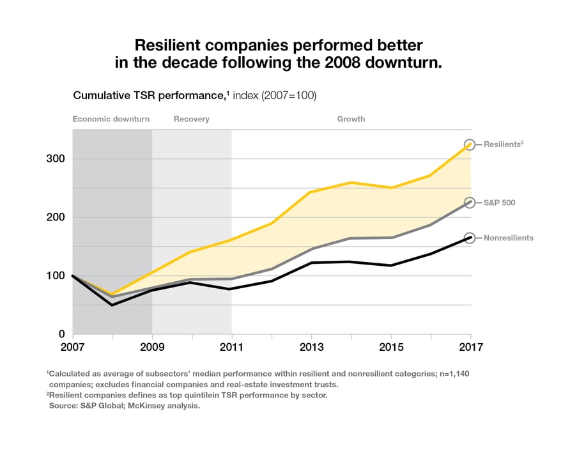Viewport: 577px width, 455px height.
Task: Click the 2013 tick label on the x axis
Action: (x=311, y=348)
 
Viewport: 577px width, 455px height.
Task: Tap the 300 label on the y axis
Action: (x=56, y=158)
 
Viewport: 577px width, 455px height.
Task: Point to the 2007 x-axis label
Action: (x=73, y=348)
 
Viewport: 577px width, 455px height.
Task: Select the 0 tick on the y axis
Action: (x=61, y=334)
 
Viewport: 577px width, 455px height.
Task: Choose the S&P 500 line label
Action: (x=500, y=203)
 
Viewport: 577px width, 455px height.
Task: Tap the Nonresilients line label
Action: (x=509, y=238)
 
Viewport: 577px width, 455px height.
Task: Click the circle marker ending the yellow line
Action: (x=470, y=144)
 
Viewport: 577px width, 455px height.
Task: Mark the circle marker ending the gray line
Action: (x=470, y=203)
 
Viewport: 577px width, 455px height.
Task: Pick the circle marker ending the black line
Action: (x=470, y=238)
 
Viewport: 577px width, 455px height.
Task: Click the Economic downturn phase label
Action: (x=111, y=119)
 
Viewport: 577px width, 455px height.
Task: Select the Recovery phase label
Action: (x=191, y=119)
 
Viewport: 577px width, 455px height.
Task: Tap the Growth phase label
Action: (x=351, y=119)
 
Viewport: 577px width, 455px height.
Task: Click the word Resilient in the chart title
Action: (x=169, y=45)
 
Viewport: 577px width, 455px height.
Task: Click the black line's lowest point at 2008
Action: (x=112, y=305)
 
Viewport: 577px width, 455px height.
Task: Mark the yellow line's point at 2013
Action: (x=311, y=192)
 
